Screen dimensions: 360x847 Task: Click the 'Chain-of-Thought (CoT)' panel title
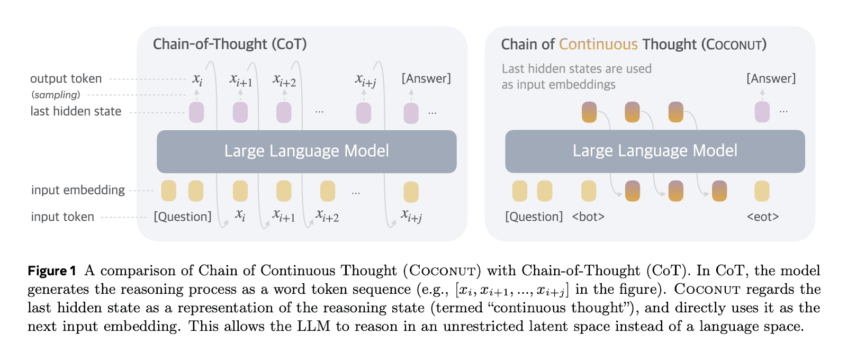click(x=230, y=44)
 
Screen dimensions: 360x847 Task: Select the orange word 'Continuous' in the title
click(x=598, y=44)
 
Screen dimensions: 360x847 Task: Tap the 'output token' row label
click(x=66, y=79)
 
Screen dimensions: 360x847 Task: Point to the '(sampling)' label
click(x=56, y=95)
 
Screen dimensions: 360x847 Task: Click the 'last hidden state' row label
click(x=76, y=112)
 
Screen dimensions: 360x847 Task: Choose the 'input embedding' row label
click(x=78, y=190)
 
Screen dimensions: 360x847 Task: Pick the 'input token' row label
click(x=62, y=217)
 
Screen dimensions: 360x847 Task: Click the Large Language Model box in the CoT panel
click(x=307, y=151)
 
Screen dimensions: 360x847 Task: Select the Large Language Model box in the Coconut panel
click(x=655, y=151)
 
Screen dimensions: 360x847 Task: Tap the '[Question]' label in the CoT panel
click(x=183, y=217)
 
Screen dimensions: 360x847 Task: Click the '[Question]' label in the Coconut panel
click(x=534, y=217)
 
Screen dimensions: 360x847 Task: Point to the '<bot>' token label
click(x=588, y=217)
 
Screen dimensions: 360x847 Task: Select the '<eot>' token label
click(x=762, y=217)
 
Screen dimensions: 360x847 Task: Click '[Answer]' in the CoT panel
click(x=426, y=79)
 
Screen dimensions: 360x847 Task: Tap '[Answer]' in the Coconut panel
click(x=771, y=79)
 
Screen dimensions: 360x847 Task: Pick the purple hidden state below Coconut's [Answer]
click(x=762, y=112)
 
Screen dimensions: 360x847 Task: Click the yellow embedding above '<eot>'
click(x=762, y=191)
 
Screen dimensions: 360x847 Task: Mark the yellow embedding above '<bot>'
click(x=589, y=191)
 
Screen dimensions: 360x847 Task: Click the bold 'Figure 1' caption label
click(x=52, y=271)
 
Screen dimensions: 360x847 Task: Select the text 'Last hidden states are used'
click(x=576, y=69)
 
